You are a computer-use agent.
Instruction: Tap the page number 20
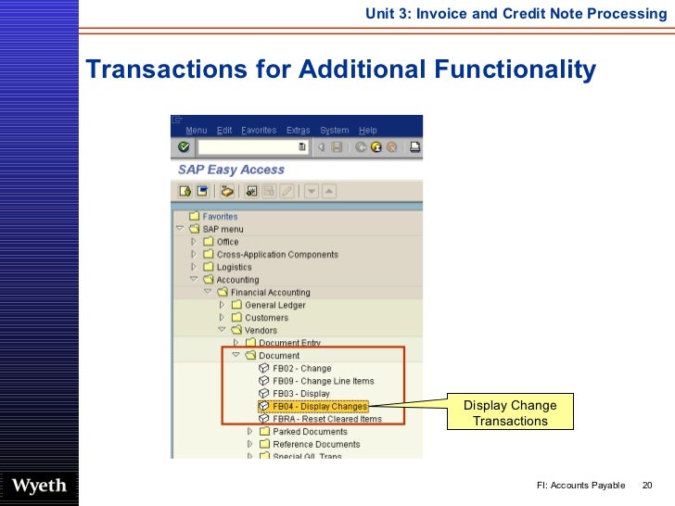[647, 487]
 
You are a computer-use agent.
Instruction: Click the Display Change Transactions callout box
[510, 413]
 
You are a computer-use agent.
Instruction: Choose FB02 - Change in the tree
[301, 368]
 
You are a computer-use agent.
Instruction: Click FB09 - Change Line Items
[323, 381]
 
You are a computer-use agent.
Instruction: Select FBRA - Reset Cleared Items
[326, 419]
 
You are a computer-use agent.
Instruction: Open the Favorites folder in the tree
[220, 217]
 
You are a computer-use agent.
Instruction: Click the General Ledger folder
[274, 305]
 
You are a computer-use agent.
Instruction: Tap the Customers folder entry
[266, 318]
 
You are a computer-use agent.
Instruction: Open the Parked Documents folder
[310, 432]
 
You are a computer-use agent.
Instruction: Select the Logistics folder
[234, 267]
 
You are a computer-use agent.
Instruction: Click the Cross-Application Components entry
[277, 255]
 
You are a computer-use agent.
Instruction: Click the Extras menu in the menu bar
[298, 131]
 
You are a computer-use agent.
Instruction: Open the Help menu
[368, 131]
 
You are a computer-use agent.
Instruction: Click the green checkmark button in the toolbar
[184, 146]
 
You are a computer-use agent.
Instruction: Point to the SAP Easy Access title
[231, 170]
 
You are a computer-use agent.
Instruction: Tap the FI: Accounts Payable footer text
[580, 487]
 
